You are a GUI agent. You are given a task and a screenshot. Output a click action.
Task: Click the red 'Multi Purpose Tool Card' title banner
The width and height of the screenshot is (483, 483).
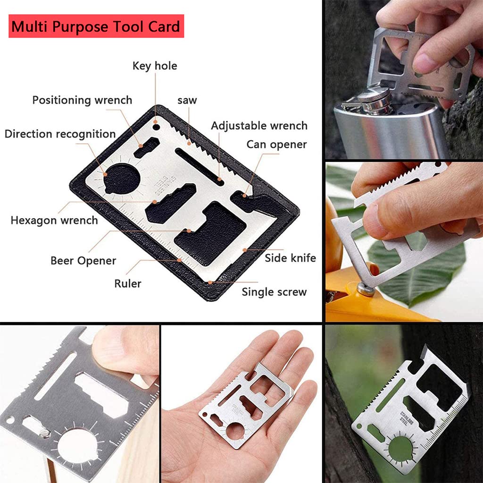pyautogui.click(x=96, y=26)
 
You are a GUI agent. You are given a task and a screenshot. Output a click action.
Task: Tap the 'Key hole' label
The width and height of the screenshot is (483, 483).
pyautogui.click(x=155, y=66)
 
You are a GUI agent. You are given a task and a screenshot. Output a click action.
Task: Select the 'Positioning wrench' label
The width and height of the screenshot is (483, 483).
pyautogui.click(x=82, y=100)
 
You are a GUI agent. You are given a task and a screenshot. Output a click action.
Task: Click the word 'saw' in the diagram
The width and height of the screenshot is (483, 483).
pyautogui.click(x=187, y=100)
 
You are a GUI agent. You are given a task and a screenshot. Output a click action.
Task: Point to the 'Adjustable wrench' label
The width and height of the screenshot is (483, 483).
pyautogui.click(x=259, y=125)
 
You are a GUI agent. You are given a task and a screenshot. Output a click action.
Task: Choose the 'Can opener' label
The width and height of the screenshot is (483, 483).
pyautogui.click(x=276, y=144)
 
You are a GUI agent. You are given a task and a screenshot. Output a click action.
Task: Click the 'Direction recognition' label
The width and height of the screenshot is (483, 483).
pyautogui.click(x=60, y=134)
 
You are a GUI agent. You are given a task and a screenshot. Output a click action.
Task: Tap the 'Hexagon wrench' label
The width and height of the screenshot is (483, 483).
pyautogui.click(x=54, y=221)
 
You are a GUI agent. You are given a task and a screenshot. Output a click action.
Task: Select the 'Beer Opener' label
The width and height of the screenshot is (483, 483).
pyautogui.click(x=83, y=261)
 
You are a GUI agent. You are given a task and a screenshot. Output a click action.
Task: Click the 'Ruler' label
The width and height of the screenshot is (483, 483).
pyautogui.click(x=127, y=283)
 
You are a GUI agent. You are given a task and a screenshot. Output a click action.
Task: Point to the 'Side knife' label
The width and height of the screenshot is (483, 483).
pyautogui.click(x=290, y=258)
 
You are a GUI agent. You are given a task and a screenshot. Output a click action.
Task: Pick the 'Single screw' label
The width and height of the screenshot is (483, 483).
pyautogui.click(x=274, y=292)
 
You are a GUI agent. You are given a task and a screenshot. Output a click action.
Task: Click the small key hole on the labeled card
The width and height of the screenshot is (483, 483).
pyautogui.click(x=157, y=126)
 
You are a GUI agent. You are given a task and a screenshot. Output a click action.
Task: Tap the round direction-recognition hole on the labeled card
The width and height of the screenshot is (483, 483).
pyautogui.click(x=122, y=179)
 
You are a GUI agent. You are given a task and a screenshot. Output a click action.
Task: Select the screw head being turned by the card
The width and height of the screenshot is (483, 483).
pyautogui.click(x=366, y=290)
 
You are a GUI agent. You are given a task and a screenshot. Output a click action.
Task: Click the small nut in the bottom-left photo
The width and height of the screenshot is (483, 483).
pyautogui.click(x=45, y=433)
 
